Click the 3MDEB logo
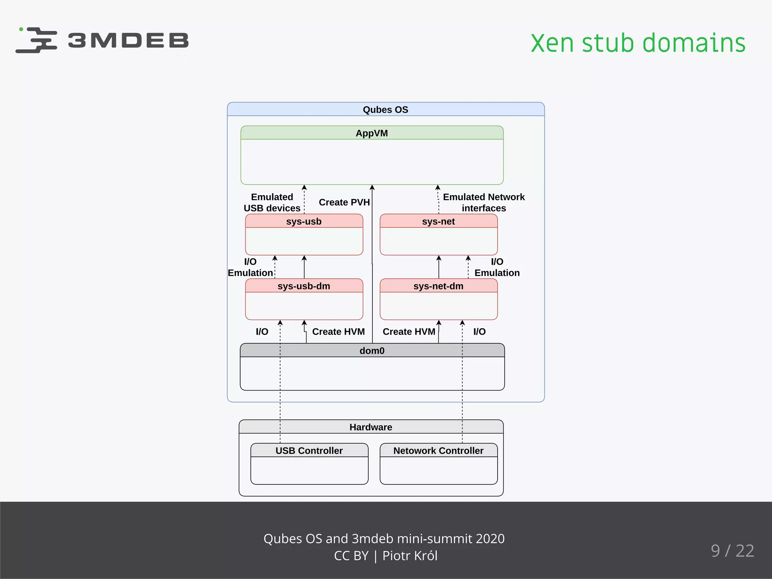click(x=102, y=40)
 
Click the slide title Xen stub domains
click(x=638, y=43)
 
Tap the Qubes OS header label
click(x=385, y=110)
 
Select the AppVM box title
click(x=372, y=133)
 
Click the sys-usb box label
click(x=304, y=221)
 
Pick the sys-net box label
click(x=438, y=221)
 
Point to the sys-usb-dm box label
click(x=304, y=286)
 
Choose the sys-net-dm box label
click(x=438, y=286)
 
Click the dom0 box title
click(x=372, y=351)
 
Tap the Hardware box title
click(x=371, y=427)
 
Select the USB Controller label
click(x=309, y=450)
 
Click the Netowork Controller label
click(x=438, y=450)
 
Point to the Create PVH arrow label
click(x=344, y=202)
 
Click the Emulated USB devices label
click(x=272, y=202)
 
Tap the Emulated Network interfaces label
click(x=484, y=202)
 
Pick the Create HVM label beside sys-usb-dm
click(x=339, y=332)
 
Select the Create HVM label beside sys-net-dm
click(x=409, y=332)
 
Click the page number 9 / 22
click(x=732, y=551)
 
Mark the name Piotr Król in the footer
click(x=410, y=556)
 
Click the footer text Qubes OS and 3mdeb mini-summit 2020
click(x=384, y=539)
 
